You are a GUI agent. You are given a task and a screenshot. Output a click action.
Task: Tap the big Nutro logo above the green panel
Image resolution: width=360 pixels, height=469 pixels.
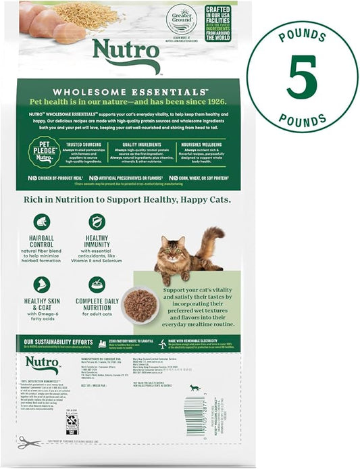[x=126, y=54]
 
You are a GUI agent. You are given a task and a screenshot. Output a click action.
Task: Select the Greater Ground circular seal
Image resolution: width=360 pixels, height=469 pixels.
[x=181, y=20]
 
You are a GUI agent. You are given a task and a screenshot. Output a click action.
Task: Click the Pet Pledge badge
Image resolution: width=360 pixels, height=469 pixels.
[x=44, y=153]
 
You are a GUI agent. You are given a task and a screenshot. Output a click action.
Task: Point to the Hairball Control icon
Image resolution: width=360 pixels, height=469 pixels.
[x=42, y=222]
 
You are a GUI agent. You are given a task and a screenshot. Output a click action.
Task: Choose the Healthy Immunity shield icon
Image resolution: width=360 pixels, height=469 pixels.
[x=97, y=222]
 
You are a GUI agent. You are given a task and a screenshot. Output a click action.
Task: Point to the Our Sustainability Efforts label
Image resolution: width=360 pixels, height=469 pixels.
[x=61, y=341]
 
